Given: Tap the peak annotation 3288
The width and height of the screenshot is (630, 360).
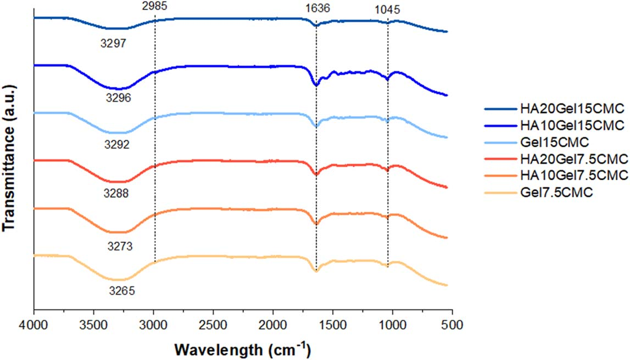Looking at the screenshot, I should click(x=119, y=193).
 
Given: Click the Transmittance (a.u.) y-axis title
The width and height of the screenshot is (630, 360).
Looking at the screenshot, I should click(x=10, y=154).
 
